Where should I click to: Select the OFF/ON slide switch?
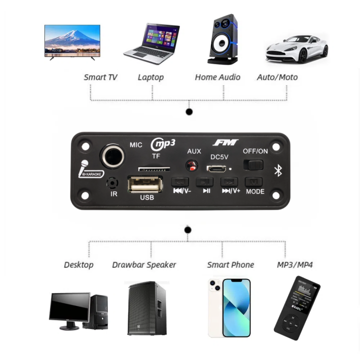[x=253, y=164]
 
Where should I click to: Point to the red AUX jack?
[x=191, y=166]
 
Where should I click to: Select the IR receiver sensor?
[x=114, y=183]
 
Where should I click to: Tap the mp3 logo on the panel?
[x=163, y=144]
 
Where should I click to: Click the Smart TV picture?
[x=72, y=41]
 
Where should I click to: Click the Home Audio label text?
[x=217, y=77]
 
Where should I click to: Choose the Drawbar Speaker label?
[x=144, y=264]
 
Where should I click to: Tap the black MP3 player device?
[x=297, y=308]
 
